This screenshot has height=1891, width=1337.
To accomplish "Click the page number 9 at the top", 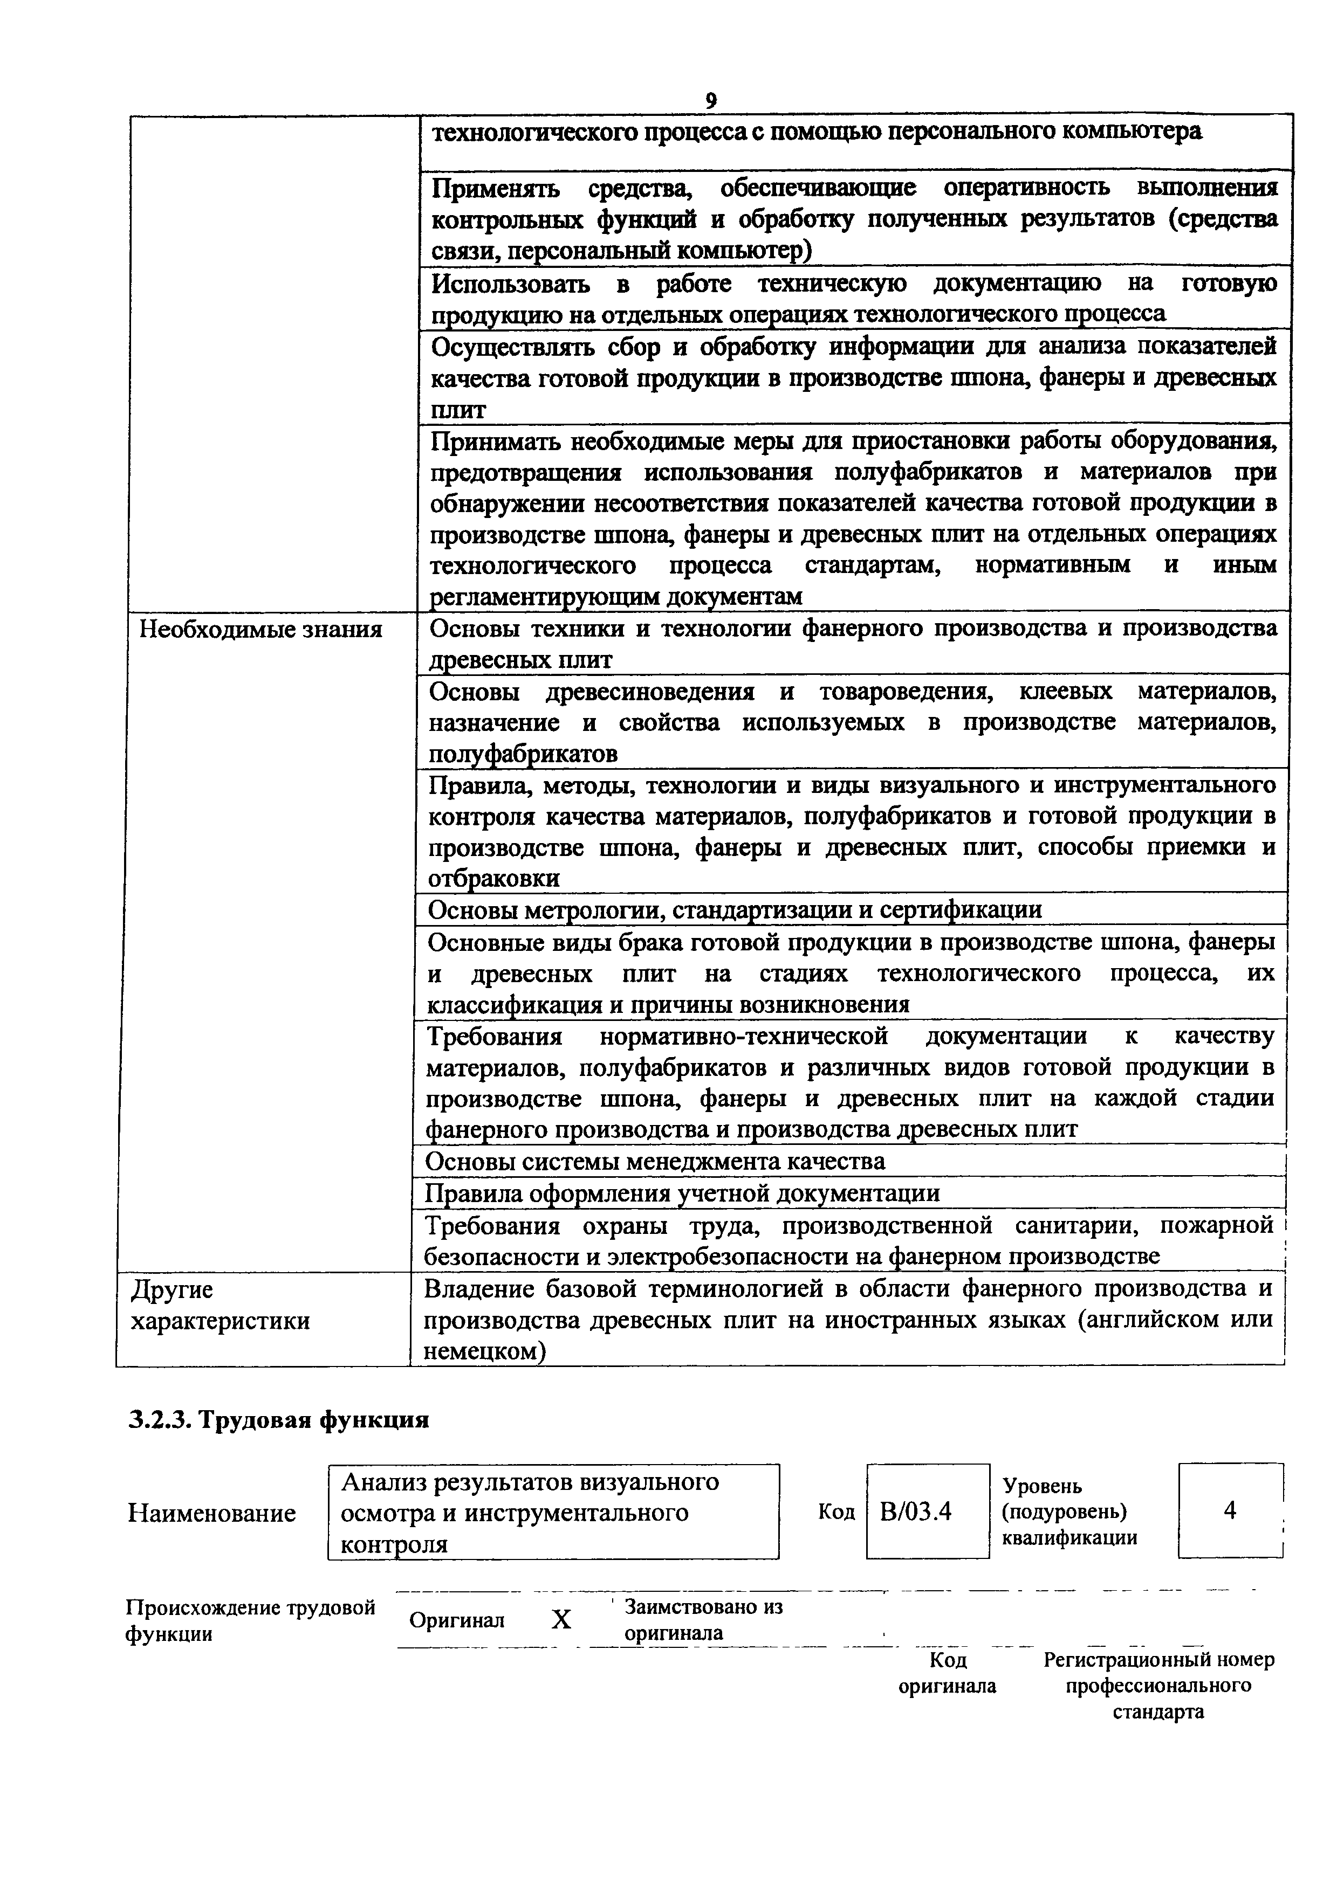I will (711, 100).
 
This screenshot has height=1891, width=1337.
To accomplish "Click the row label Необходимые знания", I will (260, 630).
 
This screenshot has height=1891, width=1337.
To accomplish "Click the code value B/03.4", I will (915, 1512).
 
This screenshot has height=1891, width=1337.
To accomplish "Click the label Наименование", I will (212, 1513).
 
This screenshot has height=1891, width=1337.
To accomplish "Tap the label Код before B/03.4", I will (836, 1512).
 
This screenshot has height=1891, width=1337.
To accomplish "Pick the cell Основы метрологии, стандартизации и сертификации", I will (735, 909).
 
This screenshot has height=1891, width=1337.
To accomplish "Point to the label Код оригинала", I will (947, 1673).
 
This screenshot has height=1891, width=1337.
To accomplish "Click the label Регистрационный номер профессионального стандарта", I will (1158, 1685).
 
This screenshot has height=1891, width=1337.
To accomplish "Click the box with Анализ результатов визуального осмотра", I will (553, 1512).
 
